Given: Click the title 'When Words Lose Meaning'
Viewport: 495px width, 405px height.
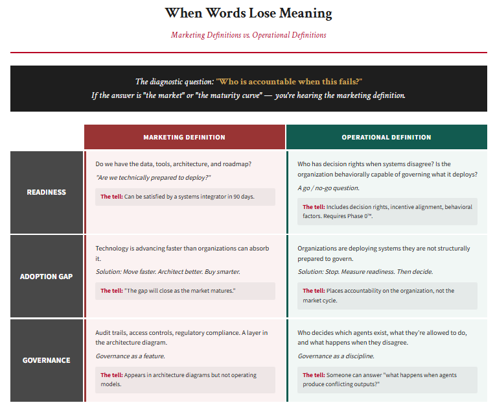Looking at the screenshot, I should pos(248,13).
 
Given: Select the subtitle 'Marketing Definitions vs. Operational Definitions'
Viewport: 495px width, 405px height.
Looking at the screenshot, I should pos(248,35).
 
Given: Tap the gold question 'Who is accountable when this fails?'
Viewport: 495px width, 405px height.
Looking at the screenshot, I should pos(289,82).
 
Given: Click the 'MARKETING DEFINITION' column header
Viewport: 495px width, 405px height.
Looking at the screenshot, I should pos(184,138).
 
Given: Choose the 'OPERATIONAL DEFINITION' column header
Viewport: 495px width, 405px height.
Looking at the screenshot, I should pos(386,138).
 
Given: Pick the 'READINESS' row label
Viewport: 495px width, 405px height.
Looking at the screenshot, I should pos(46,192).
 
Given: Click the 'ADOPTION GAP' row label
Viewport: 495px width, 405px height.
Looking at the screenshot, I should pos(46,276).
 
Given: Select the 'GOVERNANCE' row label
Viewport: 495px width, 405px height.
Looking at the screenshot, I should pos(46,360).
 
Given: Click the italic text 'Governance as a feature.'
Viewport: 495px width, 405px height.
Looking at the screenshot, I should pos(130,356).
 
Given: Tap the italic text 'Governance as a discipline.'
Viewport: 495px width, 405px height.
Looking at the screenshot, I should pos(336,356).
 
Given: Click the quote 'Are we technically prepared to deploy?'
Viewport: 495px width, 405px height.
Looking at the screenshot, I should pos(153,177).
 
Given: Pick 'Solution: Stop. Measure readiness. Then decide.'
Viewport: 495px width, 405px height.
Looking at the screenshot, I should pos(365,271).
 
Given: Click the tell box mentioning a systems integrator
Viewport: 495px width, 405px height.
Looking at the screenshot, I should pos(185,197).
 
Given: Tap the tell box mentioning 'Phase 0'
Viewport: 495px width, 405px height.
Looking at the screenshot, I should pos(387,212).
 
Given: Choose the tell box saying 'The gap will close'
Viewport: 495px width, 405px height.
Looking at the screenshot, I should pos(185,291).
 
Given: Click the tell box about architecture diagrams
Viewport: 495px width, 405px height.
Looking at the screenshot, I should pos(185,380).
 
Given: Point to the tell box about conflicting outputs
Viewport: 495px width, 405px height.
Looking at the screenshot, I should pos(387,380).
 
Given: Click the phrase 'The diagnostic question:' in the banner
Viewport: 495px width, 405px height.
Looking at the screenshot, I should pos(174,82).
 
